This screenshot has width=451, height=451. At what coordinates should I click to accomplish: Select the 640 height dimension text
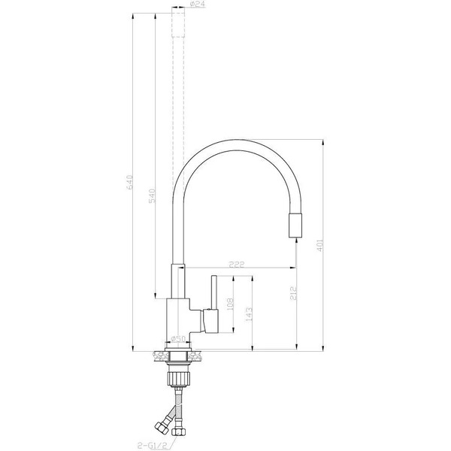(129, 183)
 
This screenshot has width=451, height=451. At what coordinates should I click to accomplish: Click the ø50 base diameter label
(179, 339)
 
